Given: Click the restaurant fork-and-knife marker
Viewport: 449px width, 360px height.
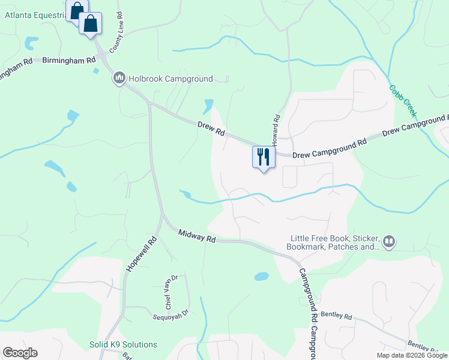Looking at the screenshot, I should click(263, 157).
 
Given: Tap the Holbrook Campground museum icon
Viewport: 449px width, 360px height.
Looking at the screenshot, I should click(119, 78).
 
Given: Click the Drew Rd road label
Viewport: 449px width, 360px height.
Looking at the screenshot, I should click(211, 128).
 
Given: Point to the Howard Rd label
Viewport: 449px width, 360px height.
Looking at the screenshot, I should click(277, 131).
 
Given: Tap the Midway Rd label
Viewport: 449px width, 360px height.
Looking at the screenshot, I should click(196, 235).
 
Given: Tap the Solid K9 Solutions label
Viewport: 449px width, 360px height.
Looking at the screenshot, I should click(123, 344).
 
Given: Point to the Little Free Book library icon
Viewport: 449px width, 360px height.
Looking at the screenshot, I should click(389, 241).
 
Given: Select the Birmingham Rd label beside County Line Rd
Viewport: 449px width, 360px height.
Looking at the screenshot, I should click(69, 60).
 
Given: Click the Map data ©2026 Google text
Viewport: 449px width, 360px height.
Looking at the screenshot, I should click(411, 355).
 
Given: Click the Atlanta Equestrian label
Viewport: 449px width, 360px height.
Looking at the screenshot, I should click(35, 16).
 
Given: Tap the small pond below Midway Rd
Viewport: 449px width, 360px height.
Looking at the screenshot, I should click(261, 277).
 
